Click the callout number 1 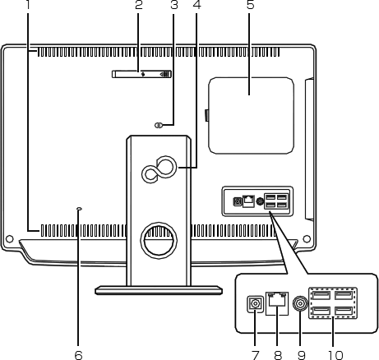pos(27,5)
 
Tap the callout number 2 pos(139,5)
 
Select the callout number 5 pos(251,5)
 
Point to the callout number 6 pos(78,355)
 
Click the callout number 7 pos(255,355)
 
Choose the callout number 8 pos(278,355)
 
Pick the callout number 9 pos(302,355)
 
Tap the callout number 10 pos(335,355)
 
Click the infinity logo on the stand pos(159,170)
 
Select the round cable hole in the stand pos(159,241)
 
